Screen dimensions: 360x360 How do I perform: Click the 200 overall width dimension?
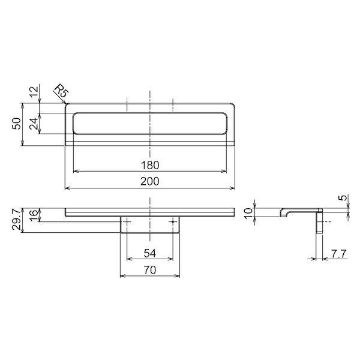(149, 181)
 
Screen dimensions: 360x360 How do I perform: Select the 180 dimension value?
(149, 166)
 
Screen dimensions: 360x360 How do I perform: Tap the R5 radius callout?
(62, 91)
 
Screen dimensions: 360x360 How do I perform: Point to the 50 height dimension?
(17, 124)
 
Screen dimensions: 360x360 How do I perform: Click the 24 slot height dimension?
(34, 124)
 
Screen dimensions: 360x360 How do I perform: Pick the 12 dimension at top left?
(34, 92)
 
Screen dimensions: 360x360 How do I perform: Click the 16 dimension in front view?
(34, 213)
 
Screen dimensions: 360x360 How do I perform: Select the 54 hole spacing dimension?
(150, 253)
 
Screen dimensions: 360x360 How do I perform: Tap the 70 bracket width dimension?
(150, 270)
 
